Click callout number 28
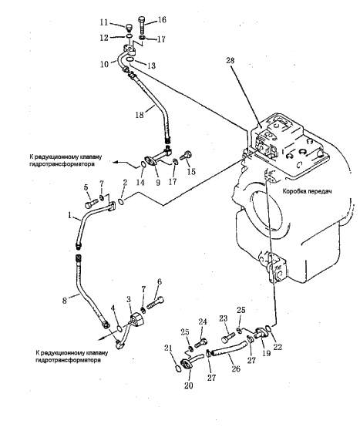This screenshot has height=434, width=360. click(230, 61)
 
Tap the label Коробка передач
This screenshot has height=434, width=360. click(307, 191)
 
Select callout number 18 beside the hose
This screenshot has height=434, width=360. click(140, 114)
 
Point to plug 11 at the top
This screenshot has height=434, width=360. click(129, 29)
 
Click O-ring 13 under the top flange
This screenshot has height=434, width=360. click(130, 59)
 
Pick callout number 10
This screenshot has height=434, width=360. click(105, 65)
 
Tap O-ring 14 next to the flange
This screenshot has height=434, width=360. click(143, 164)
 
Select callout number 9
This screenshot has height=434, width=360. click(158, 183)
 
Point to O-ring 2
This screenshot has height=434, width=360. click(122, 202)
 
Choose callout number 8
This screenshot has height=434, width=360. click(65, 301)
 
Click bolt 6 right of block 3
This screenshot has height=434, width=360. click(155, 303)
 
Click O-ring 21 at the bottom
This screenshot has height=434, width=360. click(179, 368)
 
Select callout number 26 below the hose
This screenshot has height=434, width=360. click(236, 368)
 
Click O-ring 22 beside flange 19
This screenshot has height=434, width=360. click(268, 328)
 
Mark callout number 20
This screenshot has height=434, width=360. click(188, 385)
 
